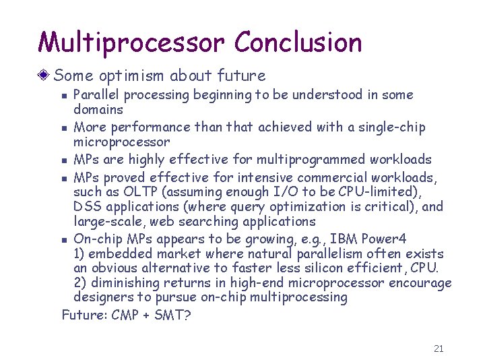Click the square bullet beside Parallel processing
[x=64, y=96]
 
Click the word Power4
[x=384, y=238]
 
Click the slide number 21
[x=439, y=348]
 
